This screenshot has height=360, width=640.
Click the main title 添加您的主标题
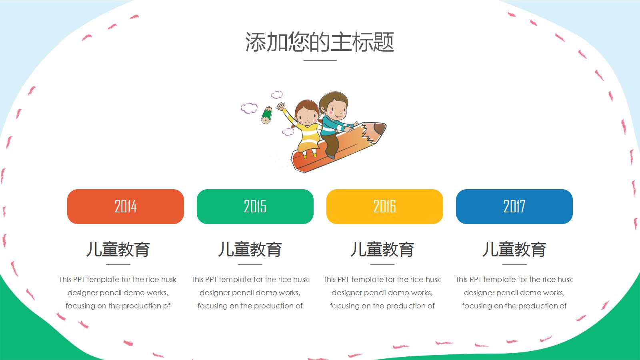[320, 42]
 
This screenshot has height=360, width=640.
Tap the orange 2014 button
[126, 206]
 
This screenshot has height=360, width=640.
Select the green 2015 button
[255, 206]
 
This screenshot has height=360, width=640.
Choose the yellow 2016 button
[385, 206]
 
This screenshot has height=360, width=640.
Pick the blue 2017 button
[514, 206]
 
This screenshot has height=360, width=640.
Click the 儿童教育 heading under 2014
[118, 249]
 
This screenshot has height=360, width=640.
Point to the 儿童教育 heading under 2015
[250, 249]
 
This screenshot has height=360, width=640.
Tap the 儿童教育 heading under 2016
[382, 249]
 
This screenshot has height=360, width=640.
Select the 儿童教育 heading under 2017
[514, 249]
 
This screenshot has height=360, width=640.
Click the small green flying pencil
[266, 115]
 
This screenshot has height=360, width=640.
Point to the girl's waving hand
[281, 107]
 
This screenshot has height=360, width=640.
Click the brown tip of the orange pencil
[380, 129]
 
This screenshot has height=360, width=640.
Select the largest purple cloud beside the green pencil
[249, 108]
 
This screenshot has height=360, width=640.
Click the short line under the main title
[320, 60]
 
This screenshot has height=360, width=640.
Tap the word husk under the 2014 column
[168, 279]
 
